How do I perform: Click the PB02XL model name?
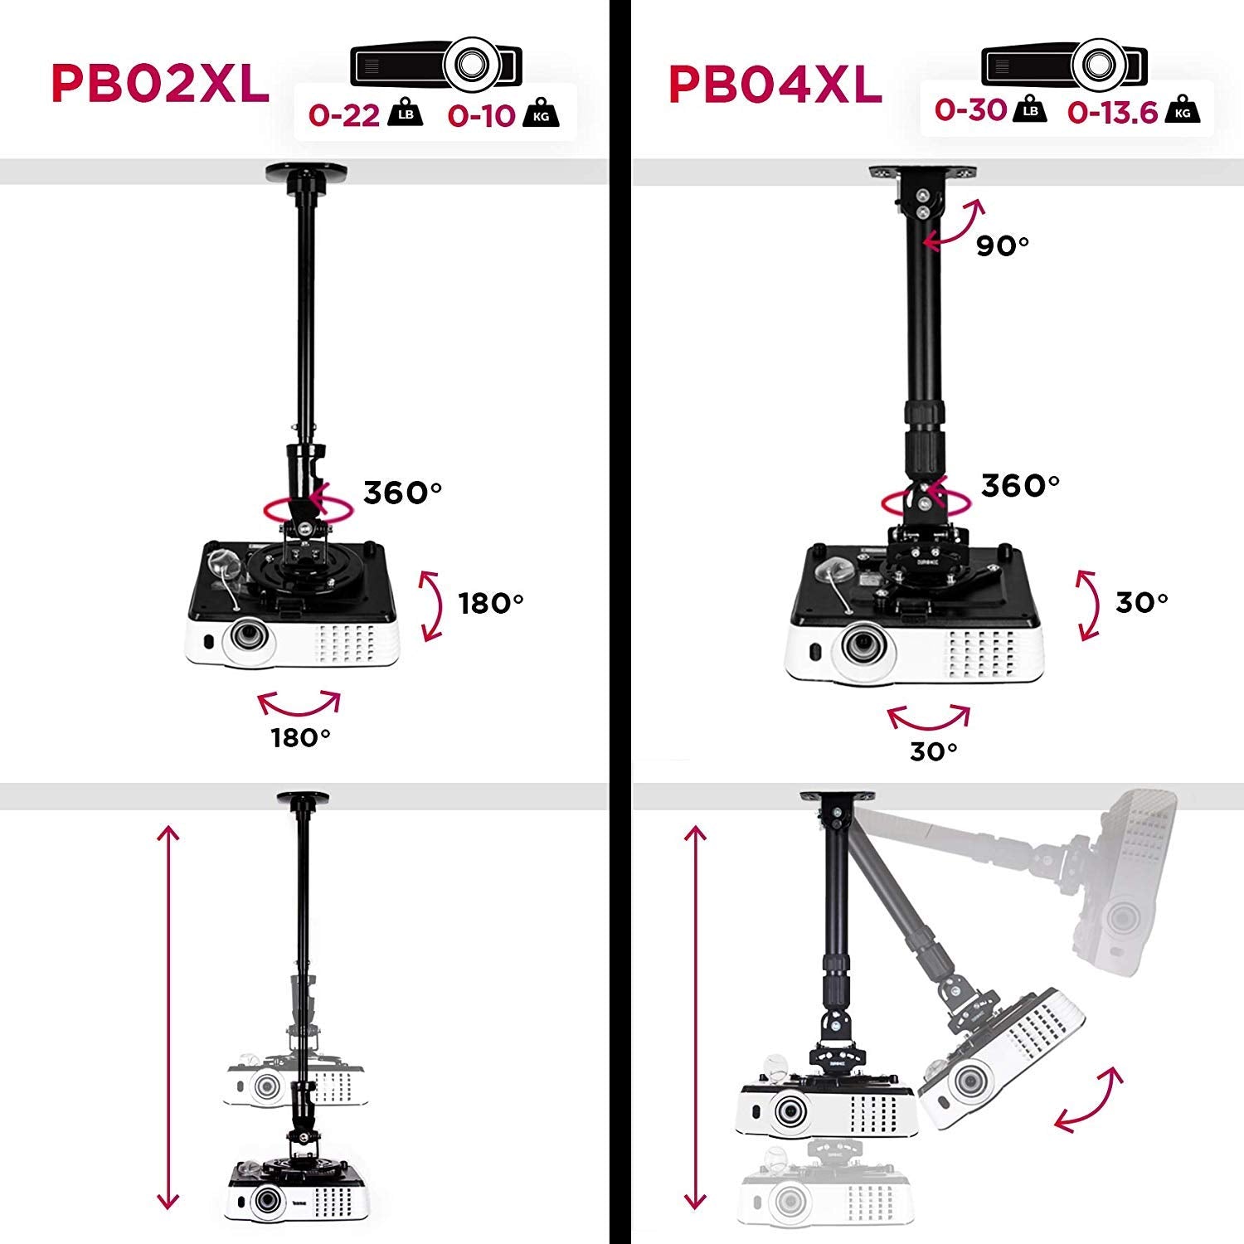[x=160, y=83]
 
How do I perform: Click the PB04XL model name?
[x=775, y=84]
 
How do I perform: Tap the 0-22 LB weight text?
[x=344, y=114]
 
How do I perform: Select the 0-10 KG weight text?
[x=482, y=115]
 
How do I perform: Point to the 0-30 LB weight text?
[x=970, y=109]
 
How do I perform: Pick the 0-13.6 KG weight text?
[x=1112, y=112]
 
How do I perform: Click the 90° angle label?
[x=1002, y=245]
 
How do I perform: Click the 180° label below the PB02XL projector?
[x=300, y=736]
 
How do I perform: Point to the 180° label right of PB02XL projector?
[x=491, y=603]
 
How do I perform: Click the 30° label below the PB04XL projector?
[x=934, y=751]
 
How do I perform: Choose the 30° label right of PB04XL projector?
[x=1141, y=602]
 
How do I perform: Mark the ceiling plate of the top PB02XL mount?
[x=306, y=173]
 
